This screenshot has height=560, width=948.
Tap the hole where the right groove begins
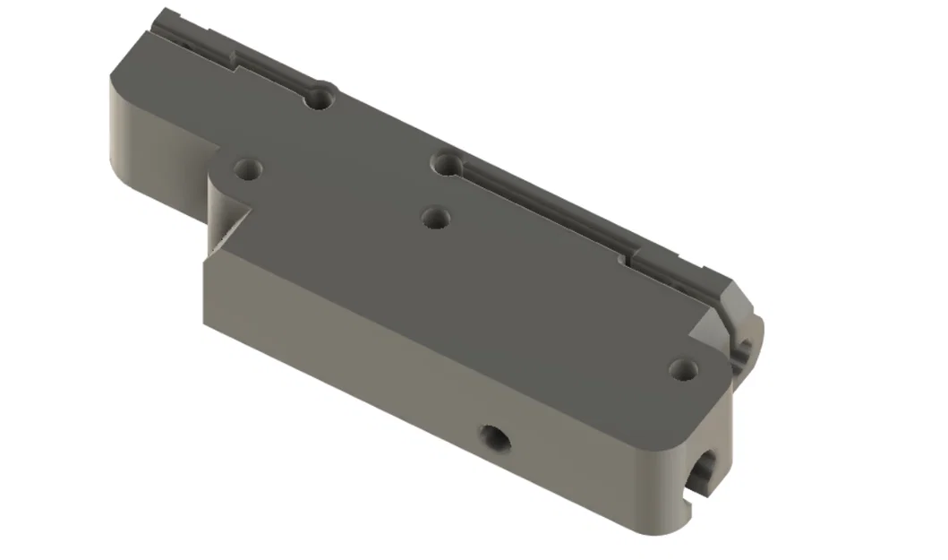coord(445,164)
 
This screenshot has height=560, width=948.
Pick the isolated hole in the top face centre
coord(435,217)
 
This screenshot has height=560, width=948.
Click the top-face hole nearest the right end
coord(683,367)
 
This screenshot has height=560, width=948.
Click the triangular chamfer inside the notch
coord(231,229)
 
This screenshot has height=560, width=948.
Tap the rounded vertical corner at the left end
coord(117,134)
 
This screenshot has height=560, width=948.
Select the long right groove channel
coord(537,211)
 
